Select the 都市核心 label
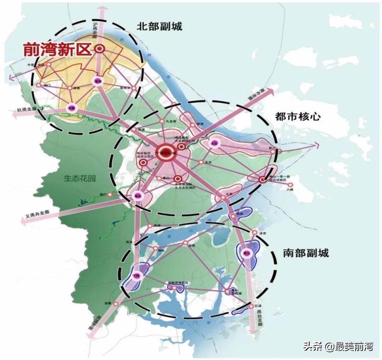click(x=298, y=116)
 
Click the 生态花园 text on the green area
click(x=80, y=178)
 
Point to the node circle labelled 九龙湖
click(x=162, y=121)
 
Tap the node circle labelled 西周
click(x=185, y=243)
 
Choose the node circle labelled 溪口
click(x=110, y=194)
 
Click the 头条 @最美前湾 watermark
click(x=337, y=347)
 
